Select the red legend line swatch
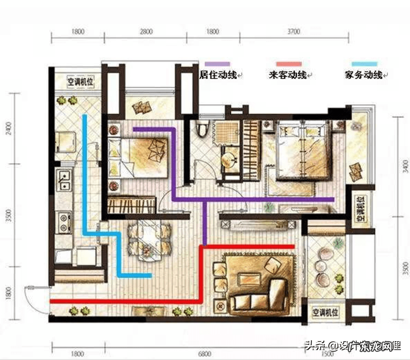click(288, 64)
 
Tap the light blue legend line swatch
click(364, 64)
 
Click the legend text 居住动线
click(217, 74)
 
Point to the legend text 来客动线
click(288, 74)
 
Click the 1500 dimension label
click(326, 354)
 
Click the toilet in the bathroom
click(202, 128)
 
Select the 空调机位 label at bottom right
click(324, 313)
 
